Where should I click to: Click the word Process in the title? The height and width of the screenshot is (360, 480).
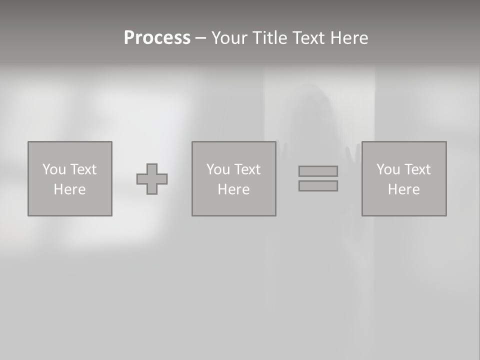coord(157,38)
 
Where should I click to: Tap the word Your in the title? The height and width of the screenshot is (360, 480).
coord(229,38)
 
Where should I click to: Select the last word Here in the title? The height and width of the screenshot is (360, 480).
coord(348,38)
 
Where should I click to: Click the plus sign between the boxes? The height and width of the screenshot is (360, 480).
coord(152,179)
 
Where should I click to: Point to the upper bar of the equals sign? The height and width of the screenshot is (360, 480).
coord(318,171)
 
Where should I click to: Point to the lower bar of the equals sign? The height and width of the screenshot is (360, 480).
coord(318,185)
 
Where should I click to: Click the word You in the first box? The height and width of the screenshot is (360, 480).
coord(54,169)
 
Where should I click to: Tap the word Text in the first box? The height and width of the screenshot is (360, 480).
coord(83,169)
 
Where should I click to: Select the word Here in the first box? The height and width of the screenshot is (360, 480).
coord(69,189)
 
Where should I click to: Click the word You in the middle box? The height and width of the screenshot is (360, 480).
coord(218,169)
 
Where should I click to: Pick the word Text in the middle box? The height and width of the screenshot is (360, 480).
coord(247,169)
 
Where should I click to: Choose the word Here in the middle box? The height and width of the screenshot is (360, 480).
coord(233,189)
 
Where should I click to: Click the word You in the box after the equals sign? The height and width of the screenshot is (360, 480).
coord(388,169)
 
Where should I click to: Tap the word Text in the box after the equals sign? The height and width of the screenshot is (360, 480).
coord(417,169)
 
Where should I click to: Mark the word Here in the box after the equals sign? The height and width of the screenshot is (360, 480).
coord(403,189)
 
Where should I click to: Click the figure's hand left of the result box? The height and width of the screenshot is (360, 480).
coord(356,152)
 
